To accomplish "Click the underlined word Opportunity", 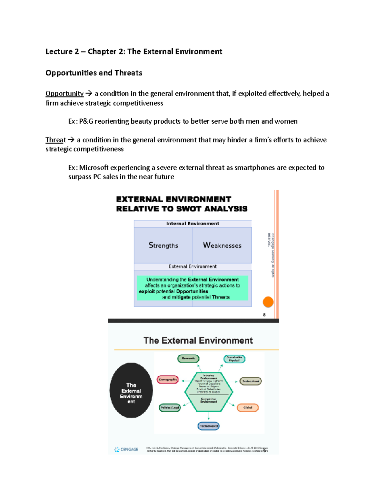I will [64, 94].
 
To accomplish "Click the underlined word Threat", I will [55, 140].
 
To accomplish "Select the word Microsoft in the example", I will [94, 168].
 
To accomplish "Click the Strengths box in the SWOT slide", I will [163, 245].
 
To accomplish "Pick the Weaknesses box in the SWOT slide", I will [222, 245].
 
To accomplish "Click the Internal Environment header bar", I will [193, 223].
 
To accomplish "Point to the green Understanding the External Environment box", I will [193, 288].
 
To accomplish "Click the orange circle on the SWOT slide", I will [268, 302].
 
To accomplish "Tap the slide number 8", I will [264, 315].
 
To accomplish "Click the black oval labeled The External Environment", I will [131, 391].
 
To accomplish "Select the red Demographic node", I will [168, 380].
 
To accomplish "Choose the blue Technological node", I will [209, 426].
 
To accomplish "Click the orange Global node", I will [248, 408].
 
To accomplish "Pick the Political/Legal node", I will [170, 408].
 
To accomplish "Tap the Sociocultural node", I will [251, 381].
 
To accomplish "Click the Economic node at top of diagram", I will [188, 359].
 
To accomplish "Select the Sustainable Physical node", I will [234, 359].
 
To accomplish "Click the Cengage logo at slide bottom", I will [126, 449].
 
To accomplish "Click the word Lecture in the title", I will [59, 52].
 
